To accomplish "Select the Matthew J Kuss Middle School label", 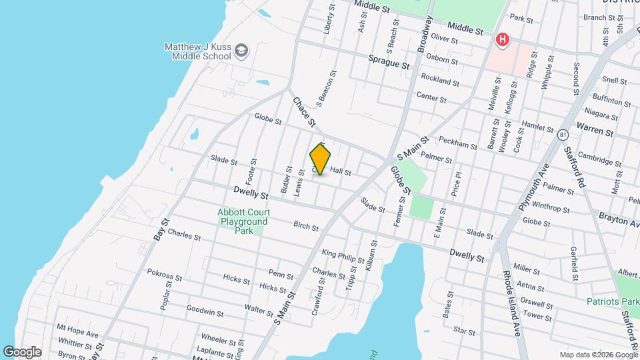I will pos(198,51).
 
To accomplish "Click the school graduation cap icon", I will pos(241,51).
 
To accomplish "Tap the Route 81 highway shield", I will pos(563,135).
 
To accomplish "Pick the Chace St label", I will pos(303,111).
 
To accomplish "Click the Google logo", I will pos(22,352).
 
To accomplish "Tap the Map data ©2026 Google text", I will pos(598,355).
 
